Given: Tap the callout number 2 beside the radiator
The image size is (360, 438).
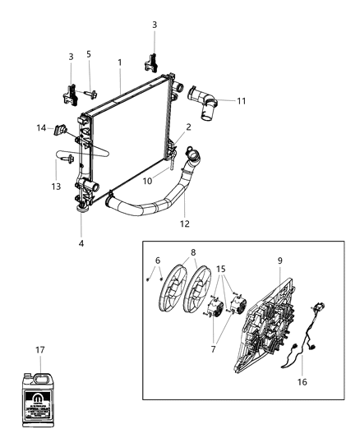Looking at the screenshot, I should click(x=188, y=127).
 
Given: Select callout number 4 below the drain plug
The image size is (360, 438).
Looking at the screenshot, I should click(x=81, y=243).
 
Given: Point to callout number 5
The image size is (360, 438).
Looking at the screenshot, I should click(x=89, y=54).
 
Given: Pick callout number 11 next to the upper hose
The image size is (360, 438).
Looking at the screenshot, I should click(x=241, y=101).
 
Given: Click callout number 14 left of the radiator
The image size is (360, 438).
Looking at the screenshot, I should click(x=40, y=127).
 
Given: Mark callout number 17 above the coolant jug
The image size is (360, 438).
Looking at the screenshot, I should click(x=41, y=351).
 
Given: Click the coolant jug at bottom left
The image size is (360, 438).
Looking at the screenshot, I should click(x=42, y=393).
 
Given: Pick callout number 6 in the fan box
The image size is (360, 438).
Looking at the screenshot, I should click(x=158, y=260).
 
